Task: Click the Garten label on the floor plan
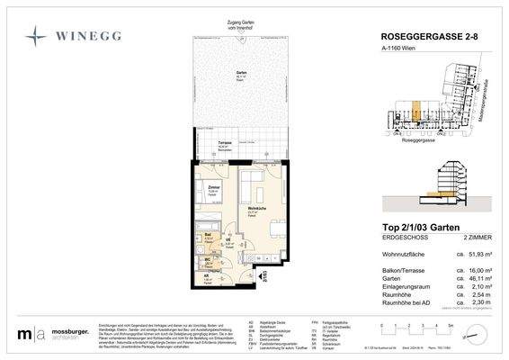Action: click(241, 75)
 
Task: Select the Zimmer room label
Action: click(214, 189)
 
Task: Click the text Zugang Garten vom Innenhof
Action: click(243, 25)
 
